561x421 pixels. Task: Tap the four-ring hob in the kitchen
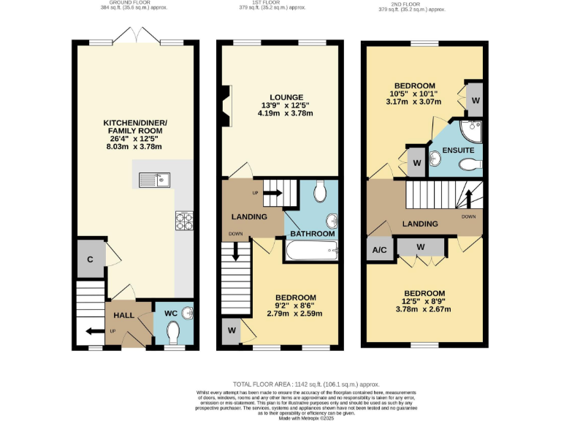click(184, 221)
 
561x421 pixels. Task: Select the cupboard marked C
click(89, 259)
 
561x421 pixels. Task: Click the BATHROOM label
click(312, 234)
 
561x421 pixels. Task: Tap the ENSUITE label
click(457, 151)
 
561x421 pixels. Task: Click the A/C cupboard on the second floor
click(380, 249)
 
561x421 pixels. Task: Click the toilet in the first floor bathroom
click(319, 193)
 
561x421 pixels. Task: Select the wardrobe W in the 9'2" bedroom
click(232, 330)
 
